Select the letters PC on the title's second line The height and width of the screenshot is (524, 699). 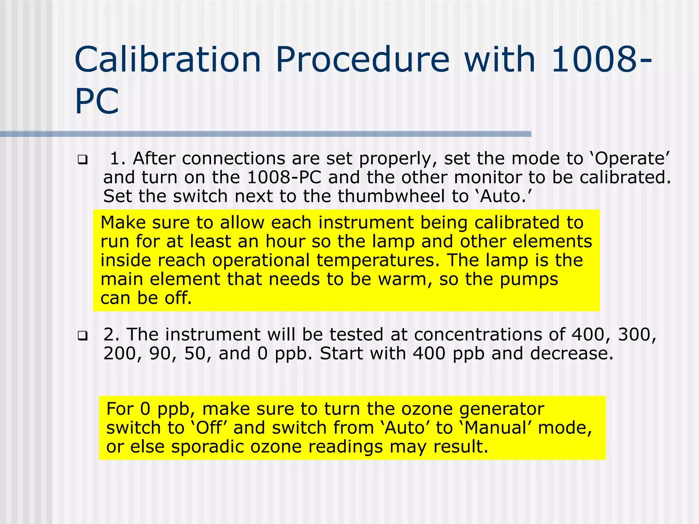click(x=97, y=102)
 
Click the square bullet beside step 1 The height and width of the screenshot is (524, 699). click(x=82, y=159)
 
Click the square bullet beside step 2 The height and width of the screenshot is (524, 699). click(x=82, y=336)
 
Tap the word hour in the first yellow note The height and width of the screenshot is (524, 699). click(x=285, y=242)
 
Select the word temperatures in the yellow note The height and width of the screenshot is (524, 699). click(x=378, y=260)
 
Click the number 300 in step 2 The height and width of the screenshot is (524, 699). click(x=637, y=335)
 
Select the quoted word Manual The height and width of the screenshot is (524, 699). click(x=495, y=428)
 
